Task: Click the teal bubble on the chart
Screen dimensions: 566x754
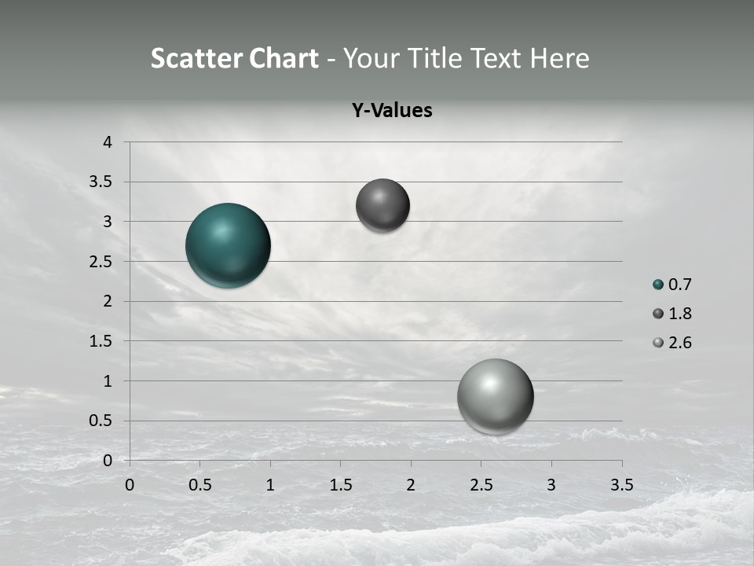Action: (228, 245)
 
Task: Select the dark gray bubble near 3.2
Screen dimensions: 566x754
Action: (382, 205)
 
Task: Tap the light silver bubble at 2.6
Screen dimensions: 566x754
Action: (495, 396)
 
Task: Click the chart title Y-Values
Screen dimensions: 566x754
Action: (392, 111)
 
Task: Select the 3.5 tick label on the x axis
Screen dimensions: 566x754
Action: (621, 485)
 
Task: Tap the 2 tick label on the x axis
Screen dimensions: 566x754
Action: (411, 485)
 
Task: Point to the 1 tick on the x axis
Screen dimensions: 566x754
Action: (270, 485)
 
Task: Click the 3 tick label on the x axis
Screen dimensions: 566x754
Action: (551, 485)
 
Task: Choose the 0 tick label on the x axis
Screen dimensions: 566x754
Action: (130, 485)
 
